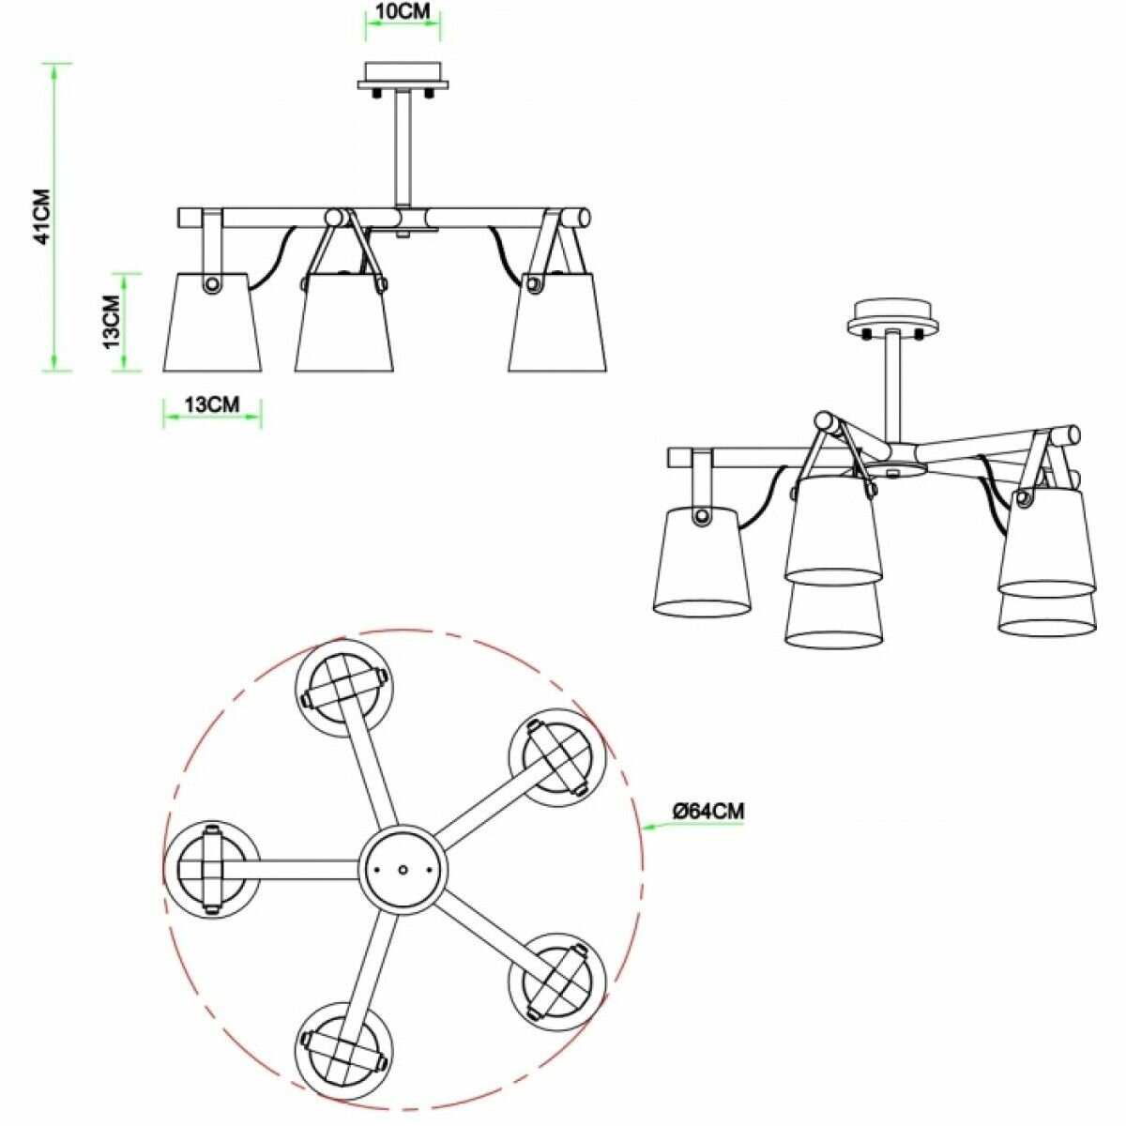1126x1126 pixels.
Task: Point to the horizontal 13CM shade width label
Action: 211,404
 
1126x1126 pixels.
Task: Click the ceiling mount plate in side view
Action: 403,77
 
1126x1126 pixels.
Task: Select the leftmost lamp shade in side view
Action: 212,322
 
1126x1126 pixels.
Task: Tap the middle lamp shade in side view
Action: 343,322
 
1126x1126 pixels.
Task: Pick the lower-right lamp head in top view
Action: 556,981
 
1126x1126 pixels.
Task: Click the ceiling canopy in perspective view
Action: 890,320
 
